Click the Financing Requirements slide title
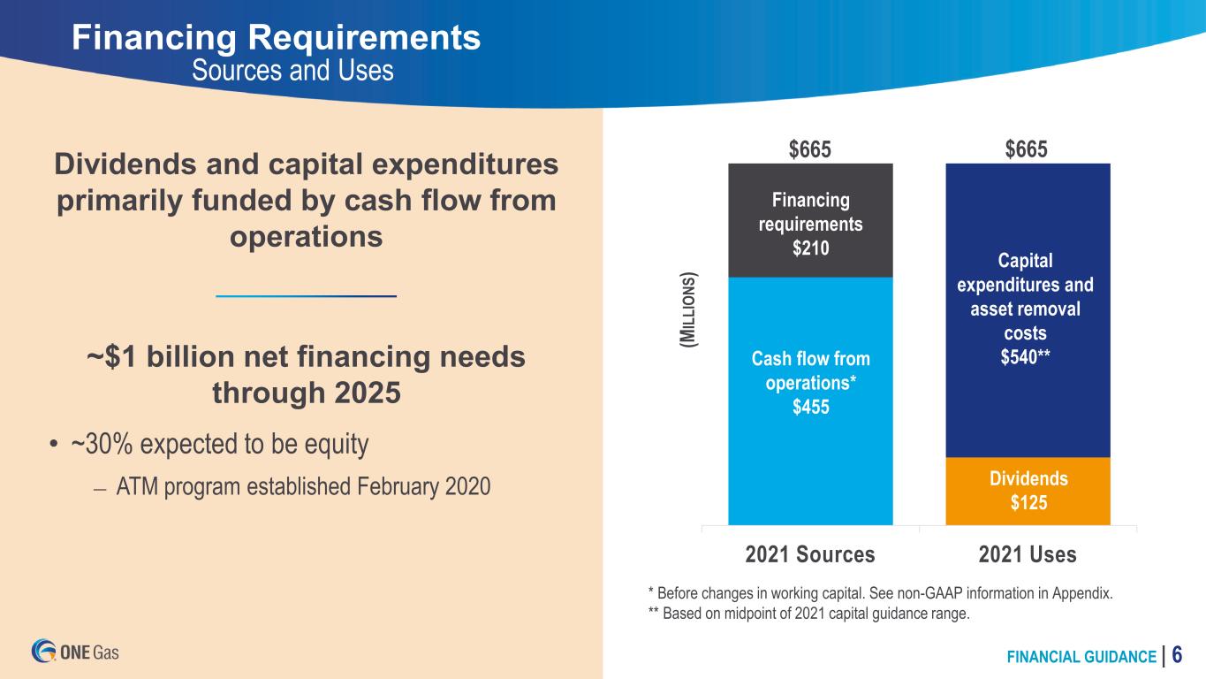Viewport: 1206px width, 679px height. click(276, 38)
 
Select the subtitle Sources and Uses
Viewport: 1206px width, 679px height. click(293, 71)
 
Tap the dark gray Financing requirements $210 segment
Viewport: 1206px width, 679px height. click(810, 220)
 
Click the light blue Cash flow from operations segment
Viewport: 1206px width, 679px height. click(810, 401)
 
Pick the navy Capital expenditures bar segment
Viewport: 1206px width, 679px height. click(1028, 310)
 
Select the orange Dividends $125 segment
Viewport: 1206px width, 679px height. click(1028, 491)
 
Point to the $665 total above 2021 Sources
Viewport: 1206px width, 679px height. click(809, 149)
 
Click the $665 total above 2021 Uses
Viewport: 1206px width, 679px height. click(1026, 149)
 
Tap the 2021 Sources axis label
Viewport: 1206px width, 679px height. click(809, 554)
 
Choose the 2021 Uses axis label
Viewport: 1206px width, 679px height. click(1028, 554)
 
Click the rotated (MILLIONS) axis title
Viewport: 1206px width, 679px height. click(688, 309)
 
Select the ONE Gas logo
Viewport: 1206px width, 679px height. click(75, 651)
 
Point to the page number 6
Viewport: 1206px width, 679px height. click(1177, 655)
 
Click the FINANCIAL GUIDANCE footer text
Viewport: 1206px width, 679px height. click(1081, 657)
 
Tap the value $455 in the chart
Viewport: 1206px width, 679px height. click(810, 407)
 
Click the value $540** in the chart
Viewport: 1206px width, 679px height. click(1025, 357)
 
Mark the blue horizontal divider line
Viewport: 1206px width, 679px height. click(307, 296)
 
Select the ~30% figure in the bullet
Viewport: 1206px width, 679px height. click(102, 444)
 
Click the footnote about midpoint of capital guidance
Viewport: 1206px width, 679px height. click(808, 614)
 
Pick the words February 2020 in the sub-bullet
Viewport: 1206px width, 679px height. click(424, 486)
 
